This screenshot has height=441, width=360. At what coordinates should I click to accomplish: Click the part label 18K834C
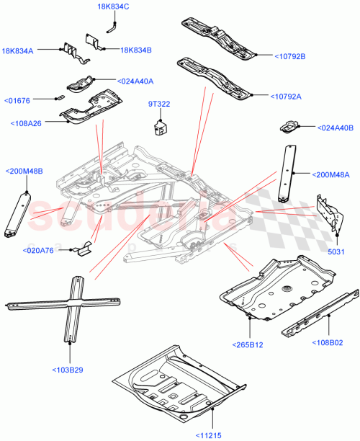coord(113,7)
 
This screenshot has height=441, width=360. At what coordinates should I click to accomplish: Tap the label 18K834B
coord(136,50)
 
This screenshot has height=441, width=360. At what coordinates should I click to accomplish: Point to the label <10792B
coord(290,55)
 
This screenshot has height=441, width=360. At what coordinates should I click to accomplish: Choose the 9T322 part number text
coord(158,104)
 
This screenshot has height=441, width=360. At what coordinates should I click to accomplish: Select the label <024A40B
coord(336,128)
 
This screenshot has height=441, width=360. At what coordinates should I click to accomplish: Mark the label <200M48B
coord(24,171)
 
